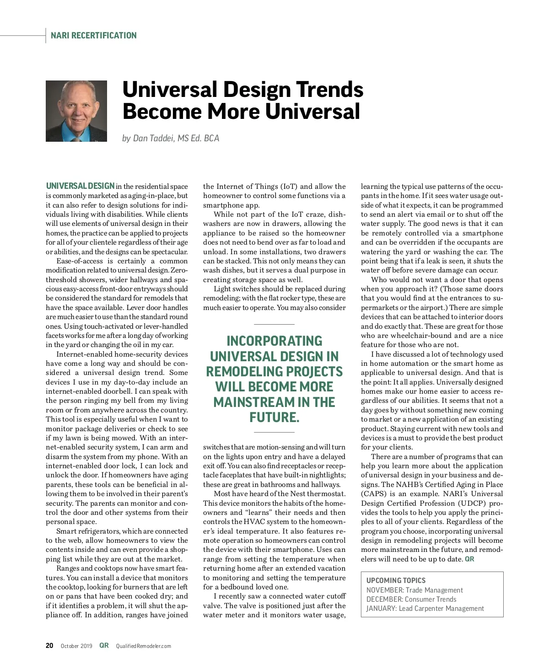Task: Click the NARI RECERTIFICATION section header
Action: tap(93, 36)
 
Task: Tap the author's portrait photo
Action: tap(76, 111)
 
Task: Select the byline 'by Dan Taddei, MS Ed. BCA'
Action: tap(171, 138)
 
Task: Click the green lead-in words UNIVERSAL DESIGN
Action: tap(80, 186)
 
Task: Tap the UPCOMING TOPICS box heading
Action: tap(396, 580)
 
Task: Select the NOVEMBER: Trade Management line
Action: tap(414, 590)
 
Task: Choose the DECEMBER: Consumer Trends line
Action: tap(411, 599)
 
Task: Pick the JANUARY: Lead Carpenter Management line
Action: tap(425, 608)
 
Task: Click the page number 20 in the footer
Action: tap(49, 646)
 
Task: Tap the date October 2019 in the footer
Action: tap(76, 646)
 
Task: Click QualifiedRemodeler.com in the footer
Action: tap(143, 646)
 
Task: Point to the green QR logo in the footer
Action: tap(104, 646)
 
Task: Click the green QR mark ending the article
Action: tap(469, 559)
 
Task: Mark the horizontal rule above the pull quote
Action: tap(274, 324)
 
